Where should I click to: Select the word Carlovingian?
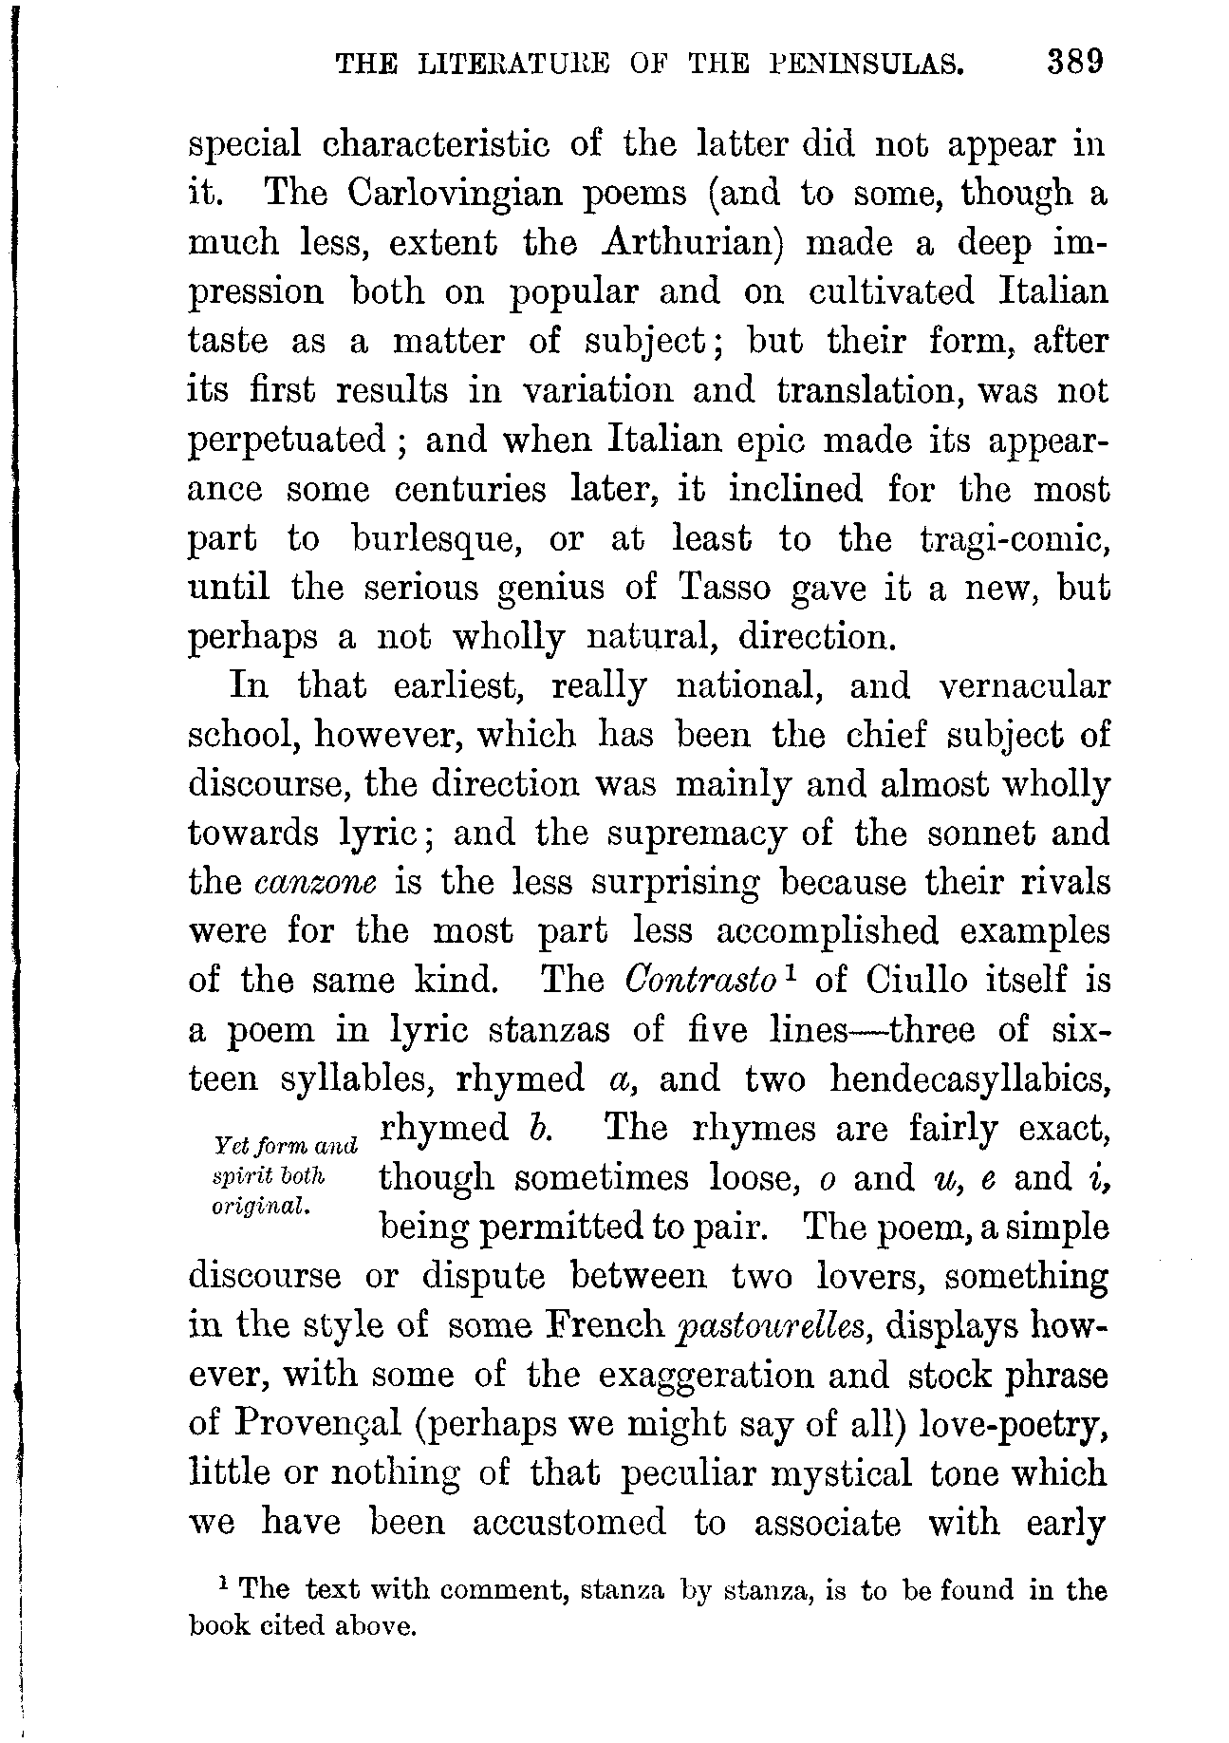click(457, 194)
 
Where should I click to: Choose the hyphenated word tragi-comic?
click(1015, 539)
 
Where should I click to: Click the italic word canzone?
click(317, 883)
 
